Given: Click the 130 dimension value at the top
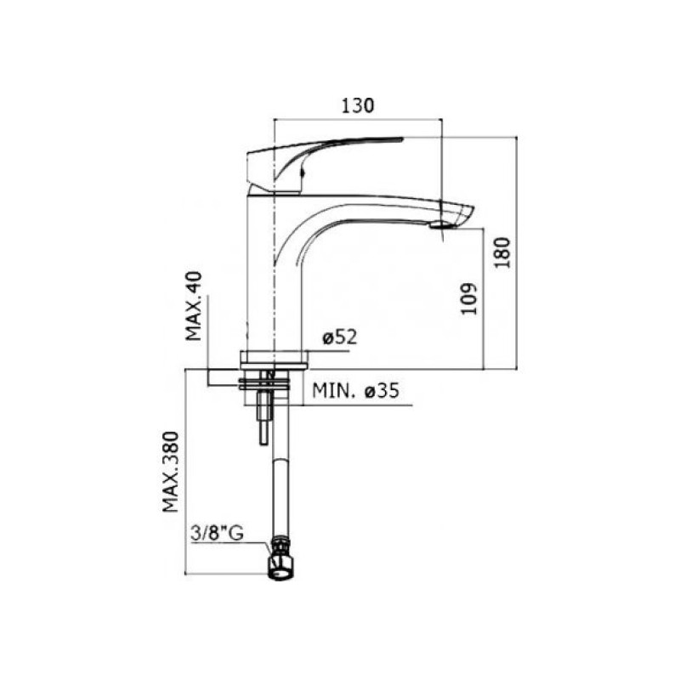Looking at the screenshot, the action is (x=358, y=105).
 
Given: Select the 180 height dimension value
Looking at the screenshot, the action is (x=503, y=252).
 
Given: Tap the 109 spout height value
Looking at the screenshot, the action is (x=468, y=299).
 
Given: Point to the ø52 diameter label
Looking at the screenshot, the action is (x=339, y=337).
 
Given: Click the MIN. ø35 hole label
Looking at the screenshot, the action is (x=355, y=391).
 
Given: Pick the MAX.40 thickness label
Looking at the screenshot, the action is (x=194, y=306).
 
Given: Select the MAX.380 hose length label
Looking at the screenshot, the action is (x=171, y=472).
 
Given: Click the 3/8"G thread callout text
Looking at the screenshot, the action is (x=217, y=534).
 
